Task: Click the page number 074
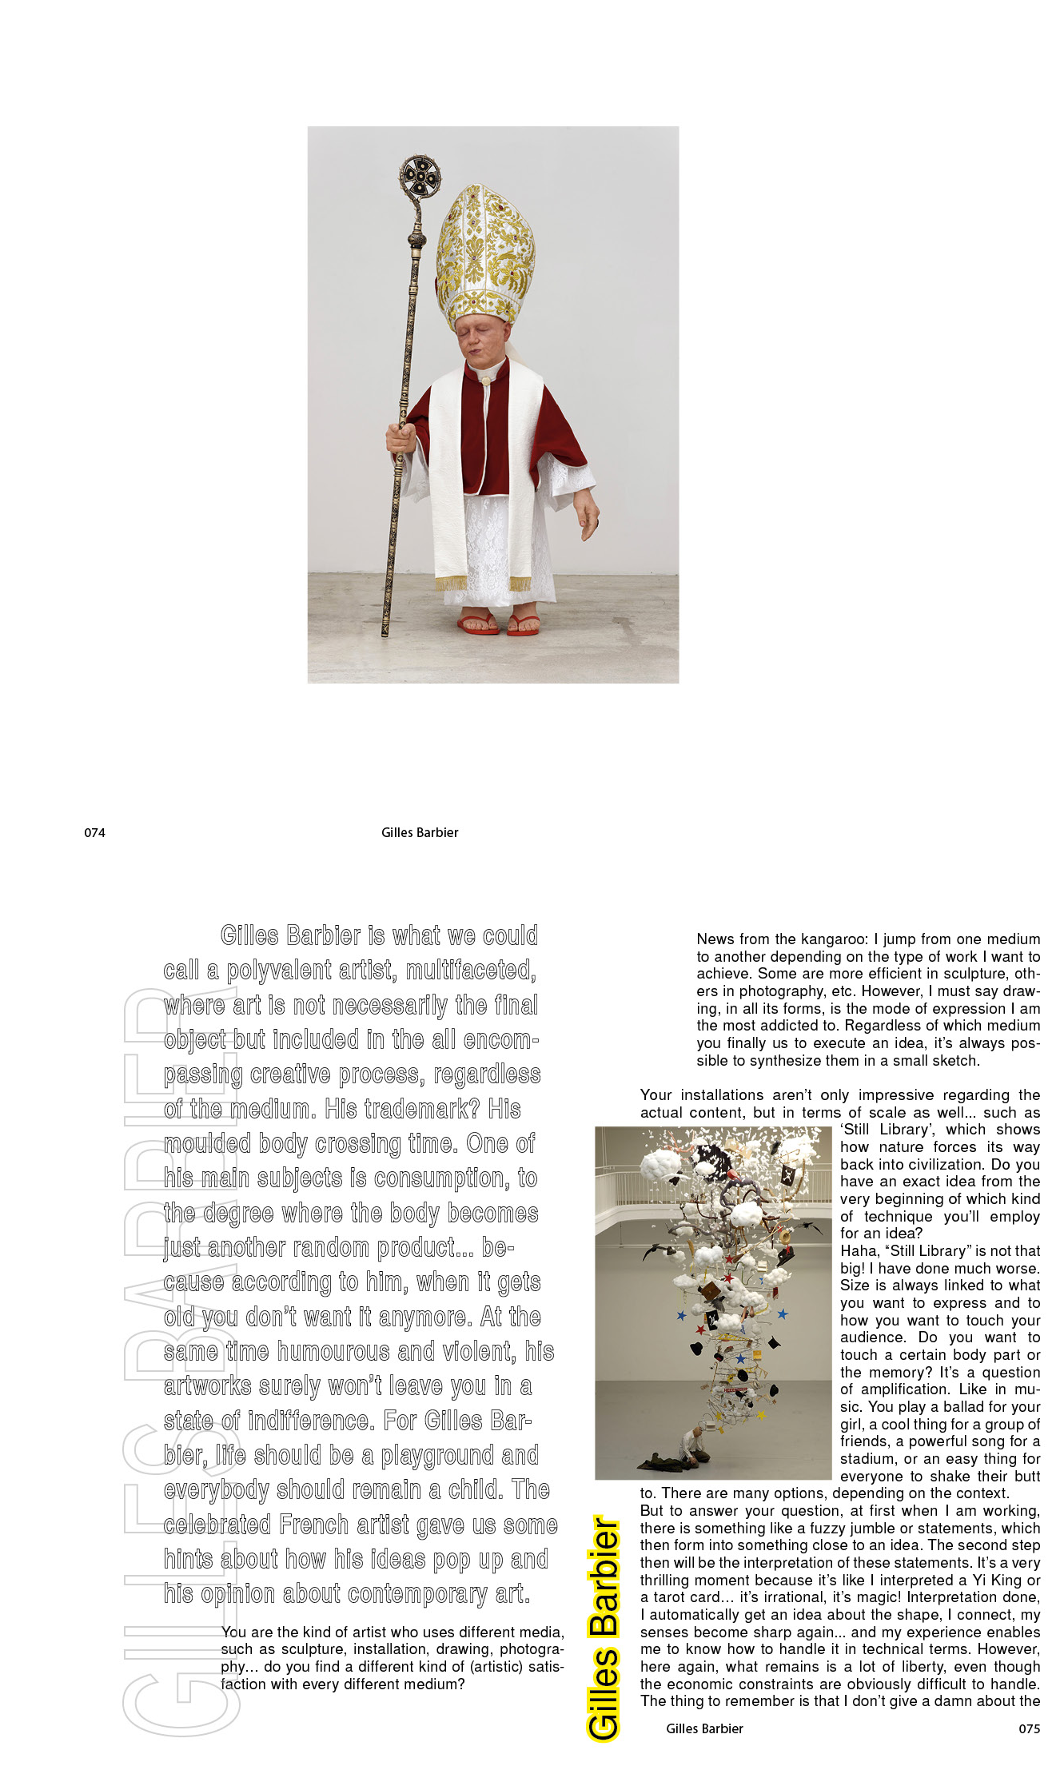click(94, 832)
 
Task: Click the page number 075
click(1029, 1728)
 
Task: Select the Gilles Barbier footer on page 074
click(420, 832)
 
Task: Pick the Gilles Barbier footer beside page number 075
click(704, 1728)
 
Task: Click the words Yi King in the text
click(996, 1580)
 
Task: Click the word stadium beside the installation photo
click(868, 1459)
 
